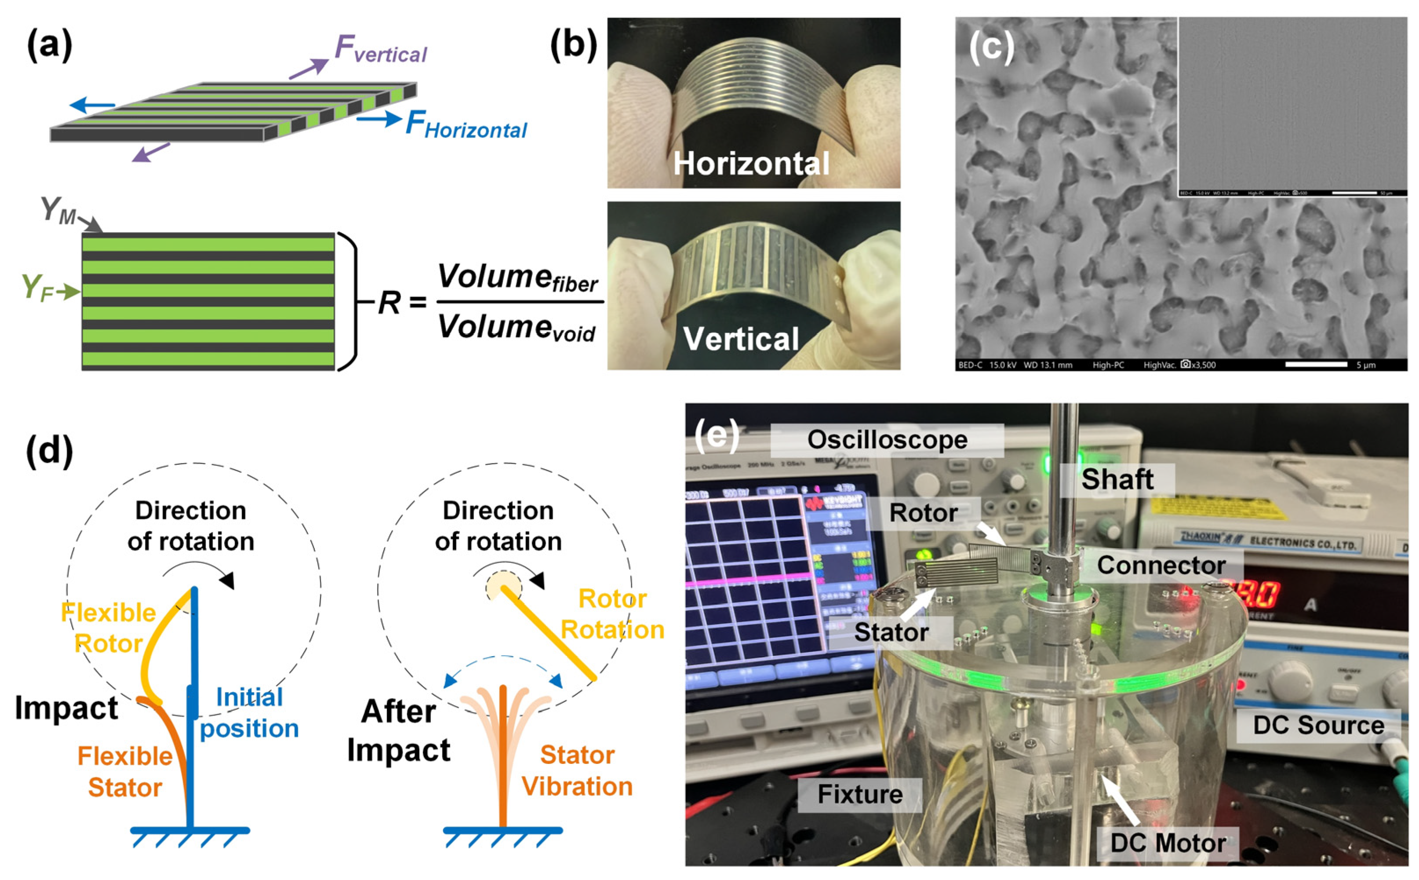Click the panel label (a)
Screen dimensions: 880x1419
[49, 45]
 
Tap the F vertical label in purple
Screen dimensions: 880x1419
[381, 49]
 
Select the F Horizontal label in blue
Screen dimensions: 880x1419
[466, 125]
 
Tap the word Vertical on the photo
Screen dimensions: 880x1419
[741, 339]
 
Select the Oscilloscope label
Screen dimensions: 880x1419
[887, 440]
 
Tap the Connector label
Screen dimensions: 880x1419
[1161, 565]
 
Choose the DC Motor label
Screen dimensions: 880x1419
[1167, 843]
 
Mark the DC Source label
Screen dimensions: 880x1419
[1318, 725]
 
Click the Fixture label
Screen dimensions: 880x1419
[859, 794]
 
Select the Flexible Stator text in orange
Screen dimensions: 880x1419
[125, 772]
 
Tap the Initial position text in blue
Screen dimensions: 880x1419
[249, 712]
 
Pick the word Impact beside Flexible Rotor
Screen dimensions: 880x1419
[66, 708]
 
